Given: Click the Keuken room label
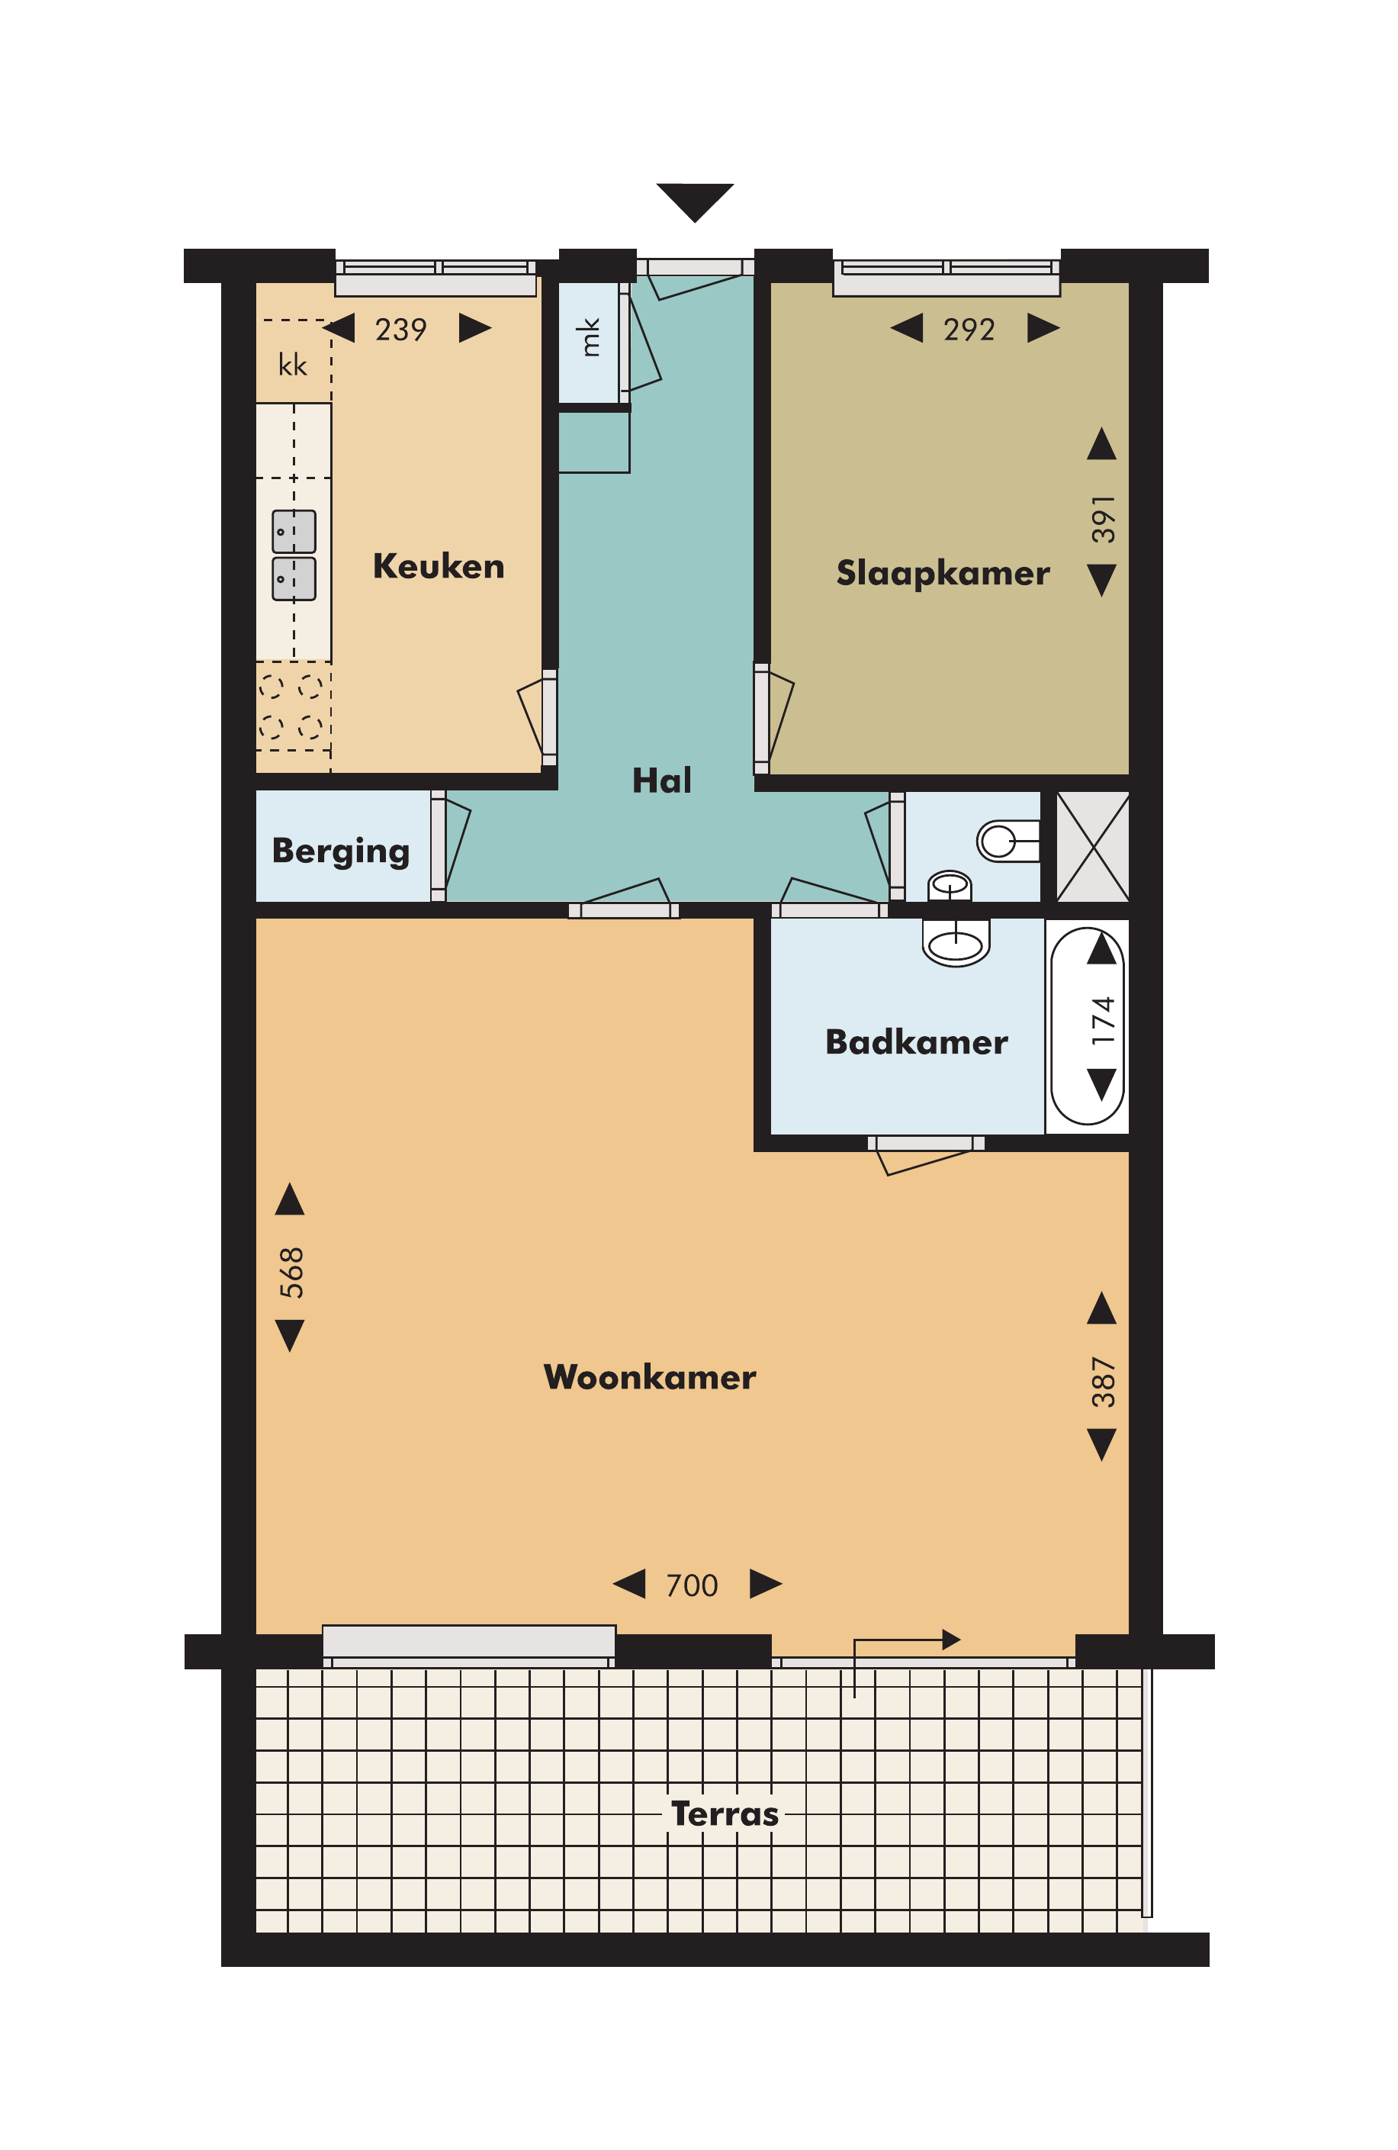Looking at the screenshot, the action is (438, 566).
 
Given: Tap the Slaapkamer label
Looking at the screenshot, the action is (943, 574).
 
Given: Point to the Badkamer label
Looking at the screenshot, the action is (917, 1041).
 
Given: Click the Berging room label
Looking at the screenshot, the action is (340, 851).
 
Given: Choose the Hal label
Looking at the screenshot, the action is (662, 780).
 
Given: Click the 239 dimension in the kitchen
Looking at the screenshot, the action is (400, 330).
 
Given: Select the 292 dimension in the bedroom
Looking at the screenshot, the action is (969, 330).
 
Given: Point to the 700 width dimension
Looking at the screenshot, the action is (692, 1585).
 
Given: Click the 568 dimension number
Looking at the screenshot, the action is (291, 1272).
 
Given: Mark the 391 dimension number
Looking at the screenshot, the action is (1104, 519).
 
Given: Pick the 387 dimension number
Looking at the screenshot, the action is (1104, 1382).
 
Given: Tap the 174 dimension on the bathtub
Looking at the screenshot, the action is (1104, 1021).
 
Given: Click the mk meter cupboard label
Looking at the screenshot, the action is (590, 337).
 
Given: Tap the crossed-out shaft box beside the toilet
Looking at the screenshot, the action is (1092, 846).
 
